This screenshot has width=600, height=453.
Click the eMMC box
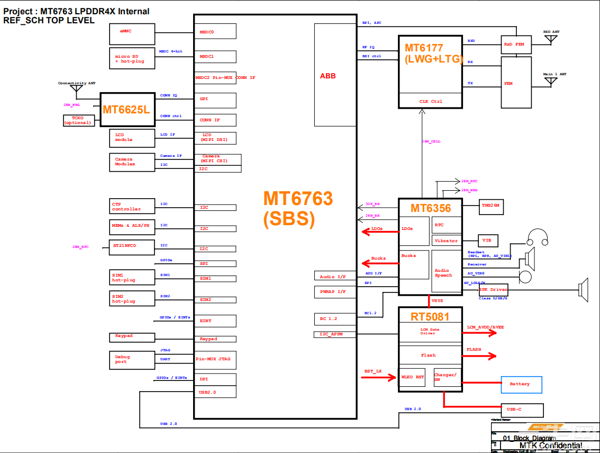point(132,34)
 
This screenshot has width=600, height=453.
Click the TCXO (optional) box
point(78,120)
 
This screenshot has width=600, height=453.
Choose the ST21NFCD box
point(131,247)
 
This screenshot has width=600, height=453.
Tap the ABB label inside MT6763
point(328,76)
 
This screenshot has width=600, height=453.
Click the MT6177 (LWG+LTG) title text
point(431,54)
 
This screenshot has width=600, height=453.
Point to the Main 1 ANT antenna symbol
point(551,82)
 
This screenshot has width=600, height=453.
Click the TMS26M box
point(489,205)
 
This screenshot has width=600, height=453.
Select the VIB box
point(487,241)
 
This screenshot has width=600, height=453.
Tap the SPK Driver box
point(493,290)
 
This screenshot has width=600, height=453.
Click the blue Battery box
point(521,384)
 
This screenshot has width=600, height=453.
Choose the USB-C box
point(522,410)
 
